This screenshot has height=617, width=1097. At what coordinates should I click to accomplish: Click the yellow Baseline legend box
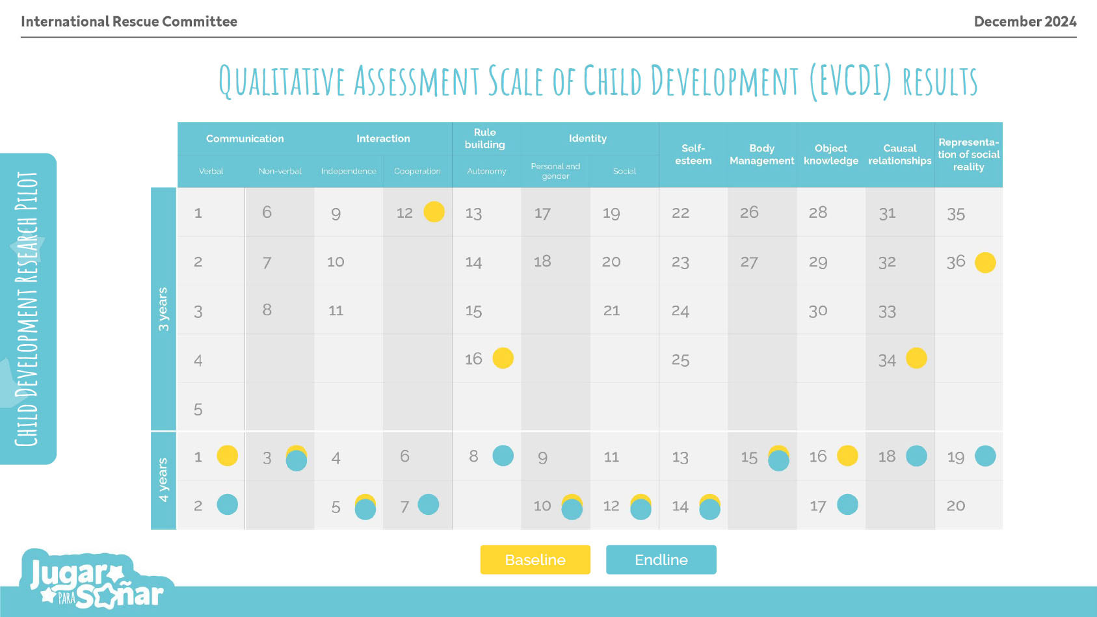535,560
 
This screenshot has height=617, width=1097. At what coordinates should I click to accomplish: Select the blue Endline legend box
661,560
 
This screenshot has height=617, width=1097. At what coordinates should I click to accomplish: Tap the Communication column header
245,138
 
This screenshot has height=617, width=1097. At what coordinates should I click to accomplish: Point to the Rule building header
484,138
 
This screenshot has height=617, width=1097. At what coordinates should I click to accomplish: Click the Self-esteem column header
693,155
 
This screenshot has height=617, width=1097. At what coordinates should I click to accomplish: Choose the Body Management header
761,155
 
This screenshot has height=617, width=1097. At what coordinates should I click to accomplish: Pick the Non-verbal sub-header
280,171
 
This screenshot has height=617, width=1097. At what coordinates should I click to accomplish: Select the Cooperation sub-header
417,171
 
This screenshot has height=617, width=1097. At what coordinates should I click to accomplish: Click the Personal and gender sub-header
555,171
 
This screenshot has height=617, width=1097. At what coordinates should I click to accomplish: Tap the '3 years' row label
163,309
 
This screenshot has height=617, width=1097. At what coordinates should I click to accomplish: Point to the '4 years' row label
163,480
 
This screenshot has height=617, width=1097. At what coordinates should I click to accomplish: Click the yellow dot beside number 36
985,263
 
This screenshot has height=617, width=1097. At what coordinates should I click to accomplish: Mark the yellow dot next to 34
916,358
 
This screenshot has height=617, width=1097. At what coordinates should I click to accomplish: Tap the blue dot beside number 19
985,456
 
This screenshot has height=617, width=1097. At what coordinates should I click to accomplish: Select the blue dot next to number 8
503,456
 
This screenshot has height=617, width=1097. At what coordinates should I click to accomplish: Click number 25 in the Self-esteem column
680,360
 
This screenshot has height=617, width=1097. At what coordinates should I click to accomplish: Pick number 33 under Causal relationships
887,311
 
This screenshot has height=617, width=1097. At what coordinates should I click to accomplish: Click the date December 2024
1025,21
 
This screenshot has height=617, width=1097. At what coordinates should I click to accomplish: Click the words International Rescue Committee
129,21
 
